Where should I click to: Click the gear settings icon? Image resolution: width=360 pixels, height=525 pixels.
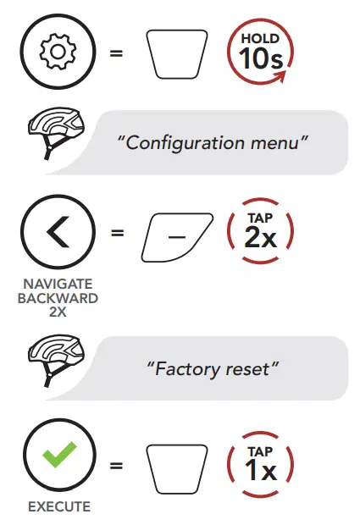click(x=58, y=52)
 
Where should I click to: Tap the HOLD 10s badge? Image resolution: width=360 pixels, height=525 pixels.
click(x=261, y=51)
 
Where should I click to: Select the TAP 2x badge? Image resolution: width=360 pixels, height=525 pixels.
click(x=261, y=231)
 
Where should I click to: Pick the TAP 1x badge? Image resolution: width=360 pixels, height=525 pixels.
click(x=261, y=464)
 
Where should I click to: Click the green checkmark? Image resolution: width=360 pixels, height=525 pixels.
click(x=59, y=455)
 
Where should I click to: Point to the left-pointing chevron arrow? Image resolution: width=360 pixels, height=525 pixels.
click(x=58, y=232)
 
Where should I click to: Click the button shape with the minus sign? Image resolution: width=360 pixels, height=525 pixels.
click(x=177, y=237)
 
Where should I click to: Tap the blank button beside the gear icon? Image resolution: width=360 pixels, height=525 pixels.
click(x=177, y=54)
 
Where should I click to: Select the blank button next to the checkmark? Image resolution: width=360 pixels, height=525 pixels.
click(x=177, y=469)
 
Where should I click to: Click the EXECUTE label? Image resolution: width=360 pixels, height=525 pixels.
click(x=59, y=506)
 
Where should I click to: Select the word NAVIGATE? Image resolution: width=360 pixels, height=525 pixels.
click(x=58, y=284)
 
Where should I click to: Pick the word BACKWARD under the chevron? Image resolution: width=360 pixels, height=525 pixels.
click(x=58, y=298)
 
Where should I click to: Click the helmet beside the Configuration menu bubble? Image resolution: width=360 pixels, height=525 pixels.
click(x=56, y=133)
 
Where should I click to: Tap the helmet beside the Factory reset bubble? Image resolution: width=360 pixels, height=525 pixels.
click(x=56, y=361)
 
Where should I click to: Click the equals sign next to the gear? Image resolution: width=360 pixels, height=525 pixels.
click(x=117, y=53)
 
